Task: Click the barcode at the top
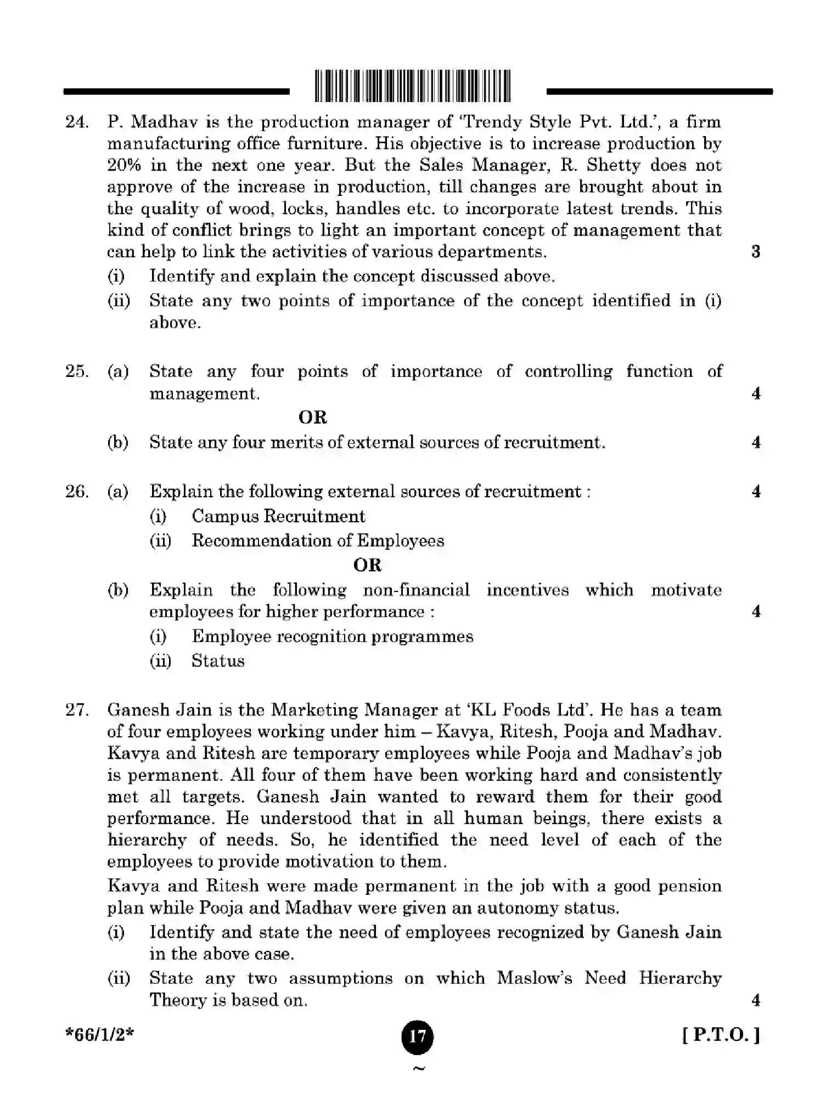(413, 87)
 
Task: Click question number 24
(77, 122)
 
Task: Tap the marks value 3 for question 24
(756, 252)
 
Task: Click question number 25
(77, 371)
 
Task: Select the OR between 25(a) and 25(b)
(312, 418)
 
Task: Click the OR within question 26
(367, 565)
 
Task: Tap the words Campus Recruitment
(278, 516)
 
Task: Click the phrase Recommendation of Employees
(318, 541)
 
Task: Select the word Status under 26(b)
(218, 661)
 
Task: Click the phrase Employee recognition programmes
(332, 636)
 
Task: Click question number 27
(77, 710)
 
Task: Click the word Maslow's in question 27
(535, 978)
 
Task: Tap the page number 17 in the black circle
(417, 1036)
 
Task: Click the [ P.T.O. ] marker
(721, 1035)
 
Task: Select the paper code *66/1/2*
(100, 1035)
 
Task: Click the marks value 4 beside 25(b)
(756, 442)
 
